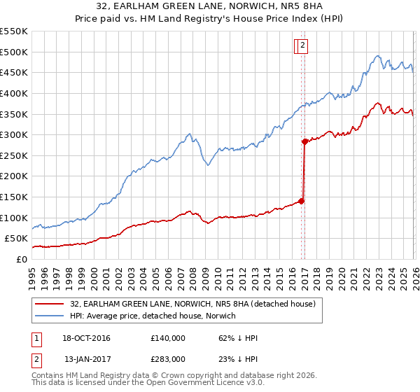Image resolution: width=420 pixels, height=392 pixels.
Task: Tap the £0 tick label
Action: [21, 259]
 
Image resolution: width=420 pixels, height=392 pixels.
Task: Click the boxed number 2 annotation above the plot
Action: [302, 45]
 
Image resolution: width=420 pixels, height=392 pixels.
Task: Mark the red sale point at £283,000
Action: [305, 141]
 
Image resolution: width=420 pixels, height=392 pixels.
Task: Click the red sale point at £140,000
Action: [302, 201]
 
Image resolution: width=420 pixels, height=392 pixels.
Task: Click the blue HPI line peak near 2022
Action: [377, 56]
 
